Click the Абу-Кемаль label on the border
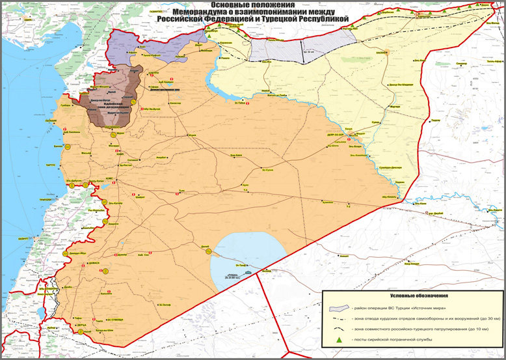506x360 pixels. (389, 196)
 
